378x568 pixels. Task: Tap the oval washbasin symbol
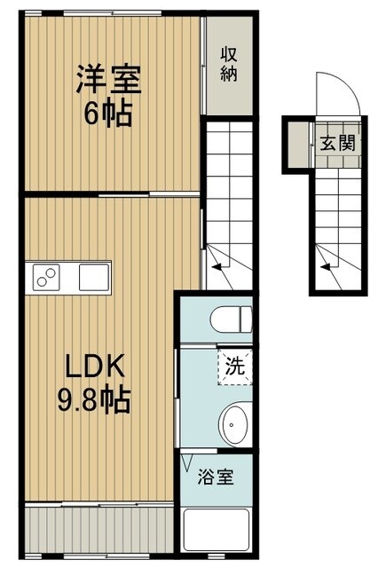[x=234, y=424]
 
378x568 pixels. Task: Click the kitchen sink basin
[x=92, y=278]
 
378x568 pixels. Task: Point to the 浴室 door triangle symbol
[x=187, y=461]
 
